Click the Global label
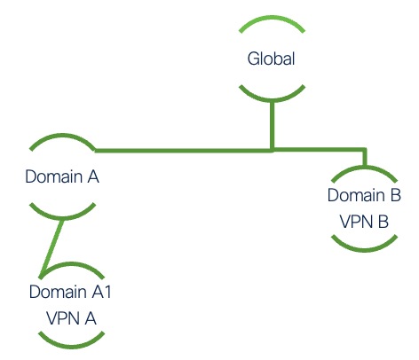click(x=271, y=59)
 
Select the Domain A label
click(x=62, y=176)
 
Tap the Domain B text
click(x=364, y=195)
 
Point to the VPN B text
click(x=364, y=222)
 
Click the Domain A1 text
click(x=70, y=292)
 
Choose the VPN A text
click(x=71, y=318)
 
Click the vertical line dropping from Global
click(x=273, y=126)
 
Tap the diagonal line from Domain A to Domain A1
click(x=52, y=248)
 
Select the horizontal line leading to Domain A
click(x=184, y=151)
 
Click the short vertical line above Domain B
click(x=366, y=157)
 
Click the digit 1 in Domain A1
click(x=107, y=292)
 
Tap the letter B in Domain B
click(x=396, y=195)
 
